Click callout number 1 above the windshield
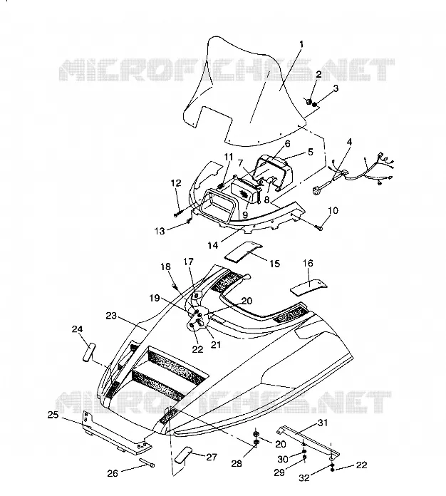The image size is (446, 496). pyautogui.click(x=301, y=44)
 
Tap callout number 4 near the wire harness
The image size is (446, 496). pyautogui.click(x=349, y=142)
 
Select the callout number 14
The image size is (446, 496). pyautogui.click(x=213, y=245)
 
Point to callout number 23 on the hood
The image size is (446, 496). pyautogui.click(x=111, y=316)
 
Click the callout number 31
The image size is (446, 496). pyautogui.click(x=323, y=423)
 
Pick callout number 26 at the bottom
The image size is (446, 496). pyautogui.click(x=113, y=473)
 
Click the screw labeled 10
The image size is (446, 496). pyautogui.click(x=318, y=227)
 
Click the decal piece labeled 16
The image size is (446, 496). pyautogui.click(x=308, y=287)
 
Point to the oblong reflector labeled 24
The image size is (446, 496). pyautogui.click(x=88, y=352)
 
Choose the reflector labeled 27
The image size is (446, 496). pyautogui.click(x=184, y=455)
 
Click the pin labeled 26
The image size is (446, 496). pyautogui.click(x=146, y=463)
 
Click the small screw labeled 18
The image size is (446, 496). pyautogui.click(x=175, y=286)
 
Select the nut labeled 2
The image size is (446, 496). pyautogui.click(x=308, y=101)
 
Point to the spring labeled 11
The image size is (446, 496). pyautogui.click(x=222, y=183)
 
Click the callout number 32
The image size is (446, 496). pyautogui.click(x=304, y=477)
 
